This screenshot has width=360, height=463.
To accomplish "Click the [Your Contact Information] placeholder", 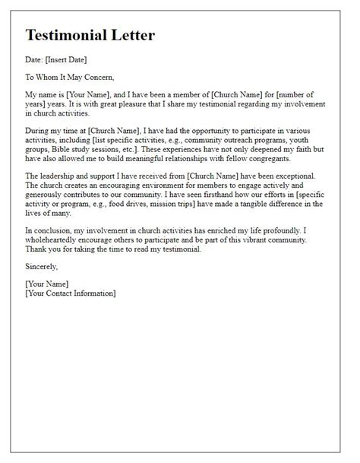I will pyautogui.click(x=71, y=293).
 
